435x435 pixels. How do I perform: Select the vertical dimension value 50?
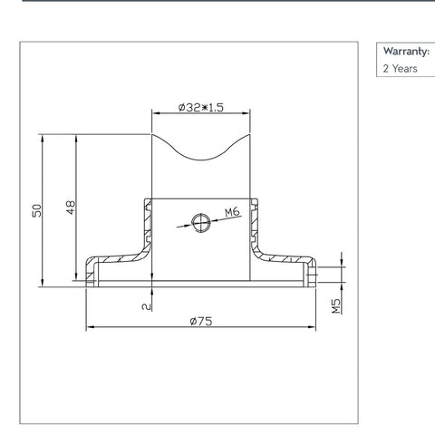37,210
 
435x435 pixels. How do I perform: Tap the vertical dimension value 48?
70,208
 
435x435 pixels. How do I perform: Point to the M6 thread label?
232,213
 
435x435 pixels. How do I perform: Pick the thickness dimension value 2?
146,307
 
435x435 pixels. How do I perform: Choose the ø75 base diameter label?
200,321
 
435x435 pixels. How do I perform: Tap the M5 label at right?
334,305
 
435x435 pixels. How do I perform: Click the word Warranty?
405,51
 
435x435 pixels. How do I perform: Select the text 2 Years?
400,68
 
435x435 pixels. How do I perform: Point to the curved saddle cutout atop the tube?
200,154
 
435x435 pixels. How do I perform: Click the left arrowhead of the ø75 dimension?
88,327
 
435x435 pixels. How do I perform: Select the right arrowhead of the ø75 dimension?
311,327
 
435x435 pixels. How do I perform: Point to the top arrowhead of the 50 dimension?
43,139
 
